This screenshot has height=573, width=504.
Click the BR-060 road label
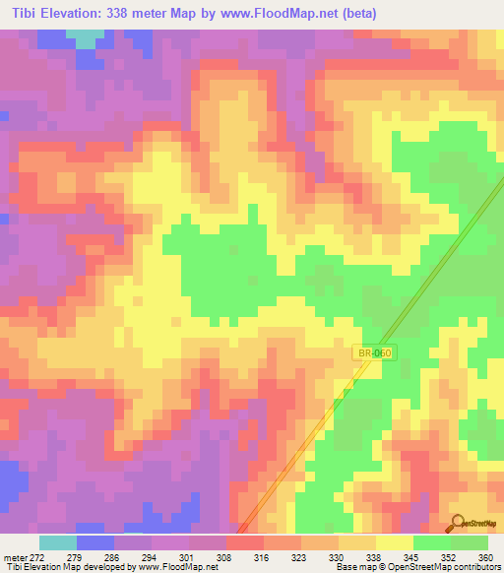pos(375,351)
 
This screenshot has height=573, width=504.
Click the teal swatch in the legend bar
pos(58,542)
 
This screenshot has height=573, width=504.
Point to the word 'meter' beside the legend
pos(12,557)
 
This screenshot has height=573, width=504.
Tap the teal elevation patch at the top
pos(87,38)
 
